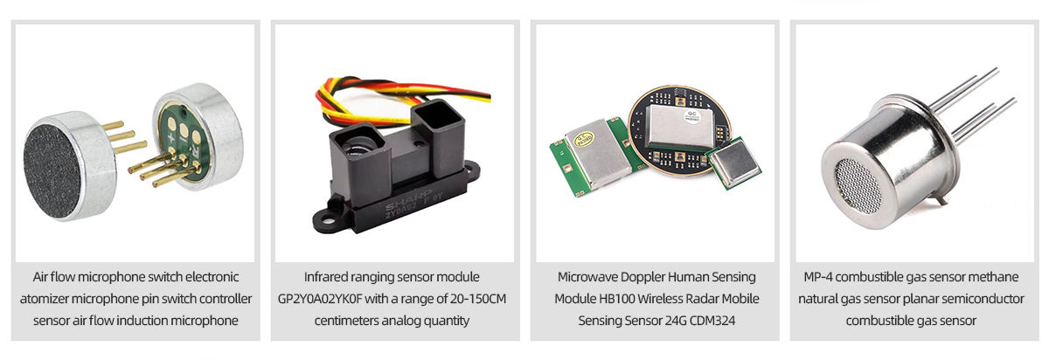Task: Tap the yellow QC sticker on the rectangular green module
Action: pos(582,141)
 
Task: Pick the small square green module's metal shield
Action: pos(730,163)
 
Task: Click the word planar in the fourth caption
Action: pos(920,299)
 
